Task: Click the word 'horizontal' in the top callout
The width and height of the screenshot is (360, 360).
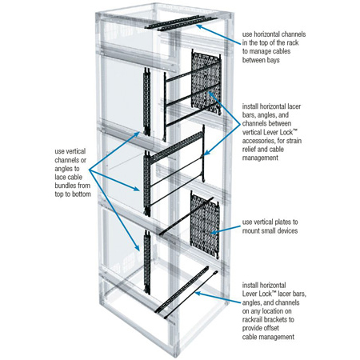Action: point(267,34)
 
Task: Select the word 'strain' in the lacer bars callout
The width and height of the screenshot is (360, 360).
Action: point(294,141)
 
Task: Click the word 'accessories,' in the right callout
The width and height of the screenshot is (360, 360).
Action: point(258,141)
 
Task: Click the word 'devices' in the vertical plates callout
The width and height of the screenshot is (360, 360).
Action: point(288,230)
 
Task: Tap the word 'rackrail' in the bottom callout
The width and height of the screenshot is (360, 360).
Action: point(254,319)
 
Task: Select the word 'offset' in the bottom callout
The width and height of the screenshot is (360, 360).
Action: point(270,328)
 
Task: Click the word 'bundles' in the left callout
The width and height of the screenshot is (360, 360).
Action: point(65,186)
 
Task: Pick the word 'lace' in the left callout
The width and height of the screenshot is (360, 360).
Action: point(60,178)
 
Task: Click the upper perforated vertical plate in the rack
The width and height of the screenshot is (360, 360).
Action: point(206,82)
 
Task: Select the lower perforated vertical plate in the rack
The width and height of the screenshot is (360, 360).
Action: point(205,226)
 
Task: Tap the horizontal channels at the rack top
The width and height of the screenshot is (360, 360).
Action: point(182,22)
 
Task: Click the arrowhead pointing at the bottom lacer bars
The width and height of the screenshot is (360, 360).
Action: point(198,294)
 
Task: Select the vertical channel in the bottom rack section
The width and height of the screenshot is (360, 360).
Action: point(147,262)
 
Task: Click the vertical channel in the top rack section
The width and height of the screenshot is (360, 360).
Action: point(146,102)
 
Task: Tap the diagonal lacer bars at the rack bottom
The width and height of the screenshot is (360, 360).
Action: point(186,293)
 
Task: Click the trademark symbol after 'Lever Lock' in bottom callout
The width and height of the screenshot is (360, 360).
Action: point(274,293)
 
